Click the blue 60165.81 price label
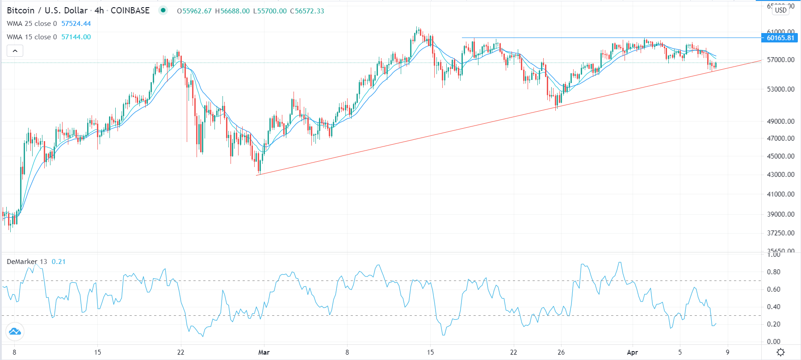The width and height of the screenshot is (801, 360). coord(780,38)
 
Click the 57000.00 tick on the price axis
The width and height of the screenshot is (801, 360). coord(780,59)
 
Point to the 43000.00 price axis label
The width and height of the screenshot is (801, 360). coord(780,175)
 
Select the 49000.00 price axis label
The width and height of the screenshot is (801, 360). coord(780,121)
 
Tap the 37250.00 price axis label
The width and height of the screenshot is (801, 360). coord(780,233)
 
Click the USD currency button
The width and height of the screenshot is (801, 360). coord(780,10)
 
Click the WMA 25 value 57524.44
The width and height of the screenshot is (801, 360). coord(76,24)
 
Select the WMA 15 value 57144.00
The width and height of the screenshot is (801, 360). coord(76,37)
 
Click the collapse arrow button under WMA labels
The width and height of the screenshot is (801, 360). coord(15,51)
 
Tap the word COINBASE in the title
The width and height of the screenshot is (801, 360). coord(130,10)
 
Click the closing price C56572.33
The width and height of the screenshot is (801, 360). coord(307,11)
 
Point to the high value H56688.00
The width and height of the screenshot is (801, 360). coord(232,11)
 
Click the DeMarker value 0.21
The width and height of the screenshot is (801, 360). coord(59,262)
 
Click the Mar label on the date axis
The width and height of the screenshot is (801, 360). coord(264,352)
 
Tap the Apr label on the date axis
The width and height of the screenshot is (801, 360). coord(632,352)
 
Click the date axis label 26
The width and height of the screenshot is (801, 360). coord(561,352)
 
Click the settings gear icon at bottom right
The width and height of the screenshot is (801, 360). coord(780,352)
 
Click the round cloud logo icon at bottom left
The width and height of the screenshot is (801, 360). coord(15,331)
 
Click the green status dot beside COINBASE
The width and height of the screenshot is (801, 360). coord(163,10)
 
